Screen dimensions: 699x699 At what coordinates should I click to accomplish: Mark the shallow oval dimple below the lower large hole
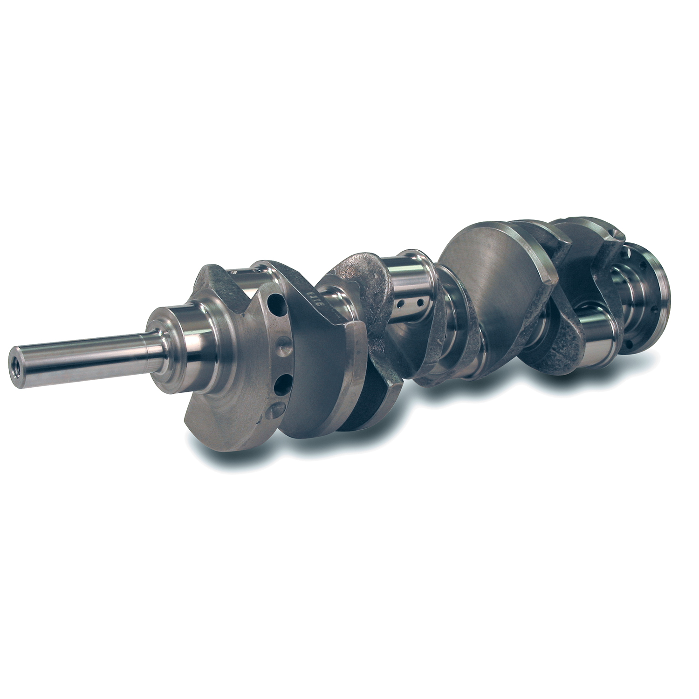pos(278,410)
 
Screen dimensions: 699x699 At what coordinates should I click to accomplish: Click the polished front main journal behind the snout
pos(196,345)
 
